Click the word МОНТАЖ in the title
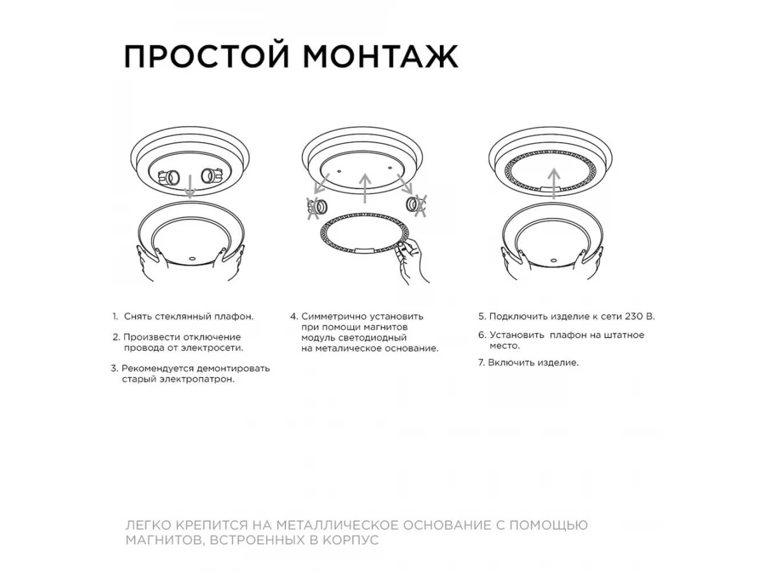point(381,57)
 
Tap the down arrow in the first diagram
point(190,187)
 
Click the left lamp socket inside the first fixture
point(169,178)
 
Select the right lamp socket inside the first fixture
point(211,176)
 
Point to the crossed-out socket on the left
point(316,208)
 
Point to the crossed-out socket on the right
point(416,205)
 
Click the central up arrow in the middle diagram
point(365,188)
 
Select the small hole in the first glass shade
point(192,259)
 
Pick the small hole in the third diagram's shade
point(553,260)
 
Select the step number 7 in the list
point(481,363)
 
